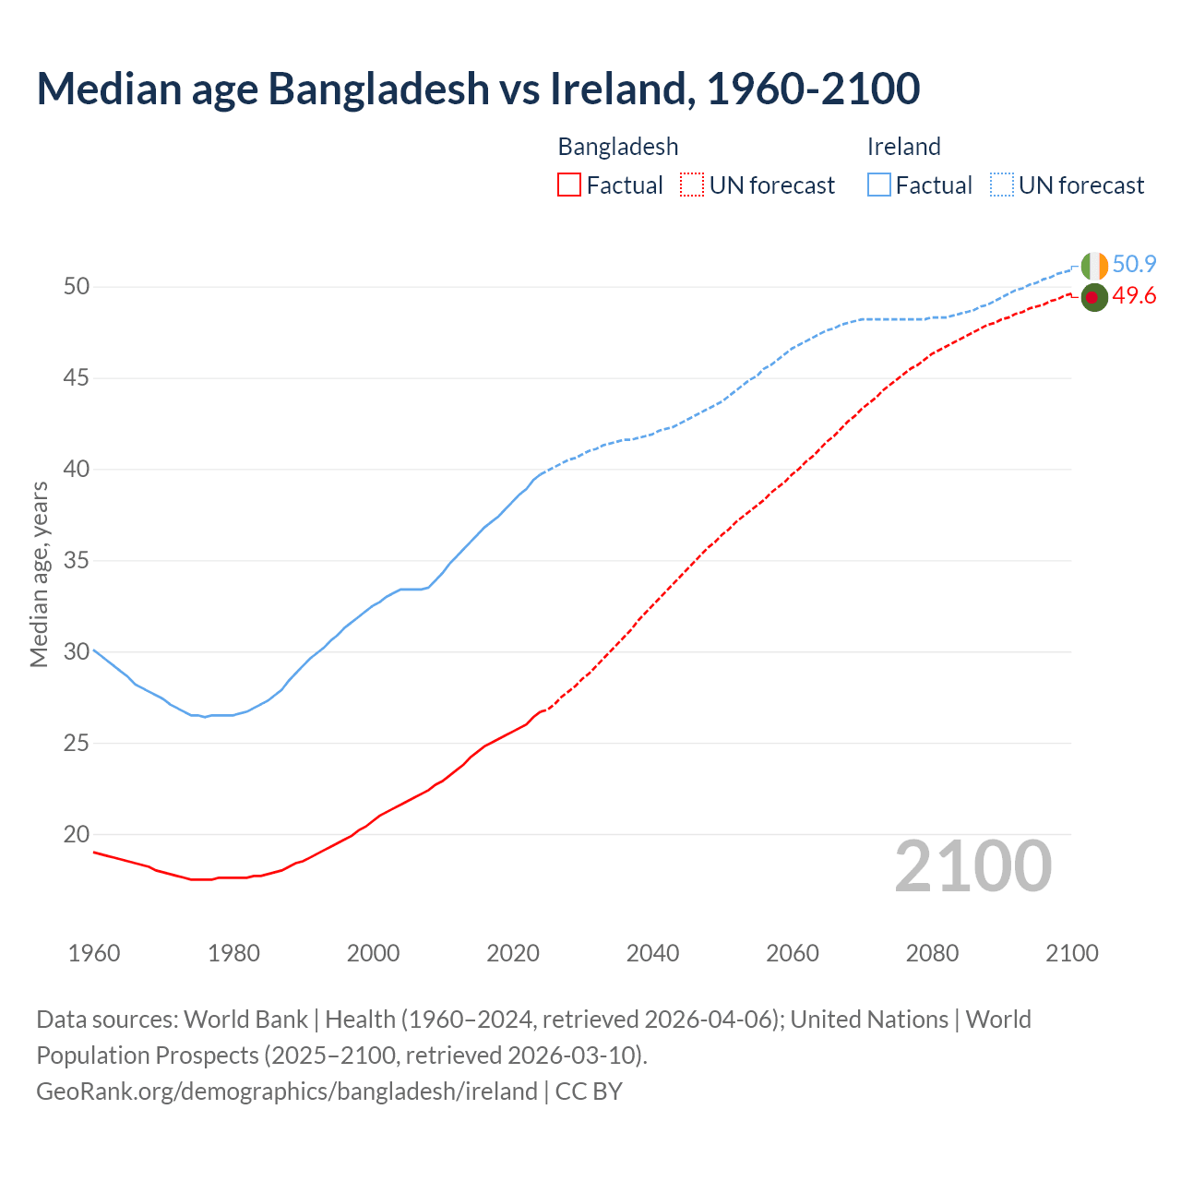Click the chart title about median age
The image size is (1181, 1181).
[x=478, y=89]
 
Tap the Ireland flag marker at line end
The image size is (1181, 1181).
[x=1093, y=266]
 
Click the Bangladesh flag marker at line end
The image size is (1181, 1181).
[x=1093, y=297]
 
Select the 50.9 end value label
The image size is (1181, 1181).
[x=1134, y=265]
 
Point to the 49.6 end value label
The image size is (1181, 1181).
[x=1134, y=296]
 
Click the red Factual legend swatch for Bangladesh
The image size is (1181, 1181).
[x=569, y=185]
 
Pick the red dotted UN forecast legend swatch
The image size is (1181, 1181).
[x=692, y=185]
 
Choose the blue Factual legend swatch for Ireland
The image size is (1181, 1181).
[x=879, y=185]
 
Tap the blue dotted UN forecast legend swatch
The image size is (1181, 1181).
[x=1001, y=185]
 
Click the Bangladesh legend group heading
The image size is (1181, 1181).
[x=618, y=147]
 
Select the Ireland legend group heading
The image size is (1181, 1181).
[x=903, y=147]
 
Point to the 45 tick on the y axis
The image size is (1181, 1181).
[x=77, y=378]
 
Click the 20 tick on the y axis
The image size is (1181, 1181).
[x=77, y=835]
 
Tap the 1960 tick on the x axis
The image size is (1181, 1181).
[x=94, y=953]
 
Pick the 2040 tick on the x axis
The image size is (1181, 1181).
[x=652, y=953]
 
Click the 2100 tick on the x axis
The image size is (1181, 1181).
[x=1072, y=953]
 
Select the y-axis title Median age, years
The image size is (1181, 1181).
[x=39, y=574]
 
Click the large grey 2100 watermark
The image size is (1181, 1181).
[x=973, y=866]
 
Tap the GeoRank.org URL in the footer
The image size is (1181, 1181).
[x=286, y=1092]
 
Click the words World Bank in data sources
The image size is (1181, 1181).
[x=245, y=1020]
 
